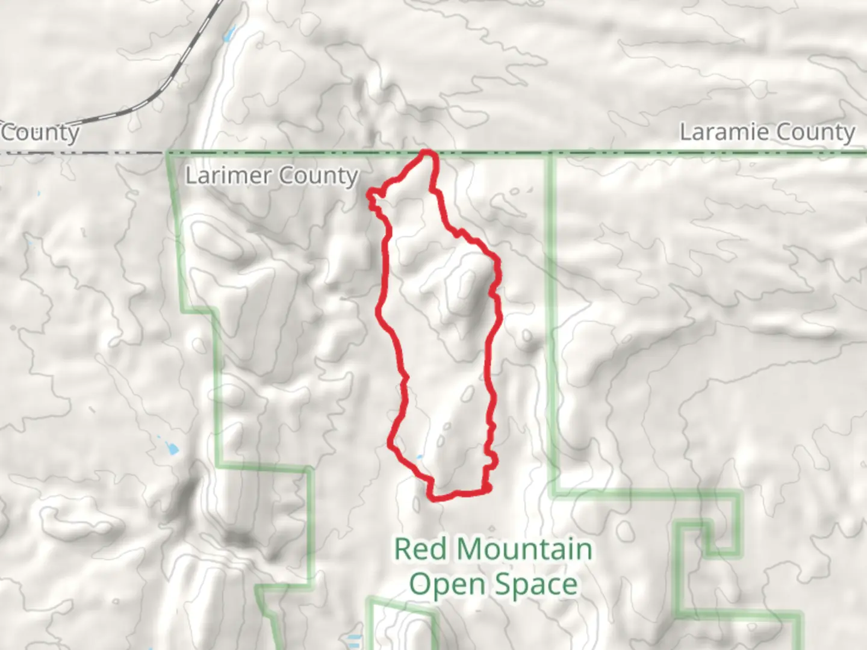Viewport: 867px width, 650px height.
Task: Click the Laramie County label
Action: coord(767,132)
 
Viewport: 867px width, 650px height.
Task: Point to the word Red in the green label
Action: coord(418,549)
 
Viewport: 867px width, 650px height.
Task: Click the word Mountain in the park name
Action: coord(524,549)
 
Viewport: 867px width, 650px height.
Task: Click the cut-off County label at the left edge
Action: coord(40,132)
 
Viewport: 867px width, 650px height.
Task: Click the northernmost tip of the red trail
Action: coord(428,152)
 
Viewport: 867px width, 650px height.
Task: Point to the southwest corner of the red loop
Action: coord(431,496)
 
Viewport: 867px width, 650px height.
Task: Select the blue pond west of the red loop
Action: coord(171,448)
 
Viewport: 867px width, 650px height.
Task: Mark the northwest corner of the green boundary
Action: coord(169,153)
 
